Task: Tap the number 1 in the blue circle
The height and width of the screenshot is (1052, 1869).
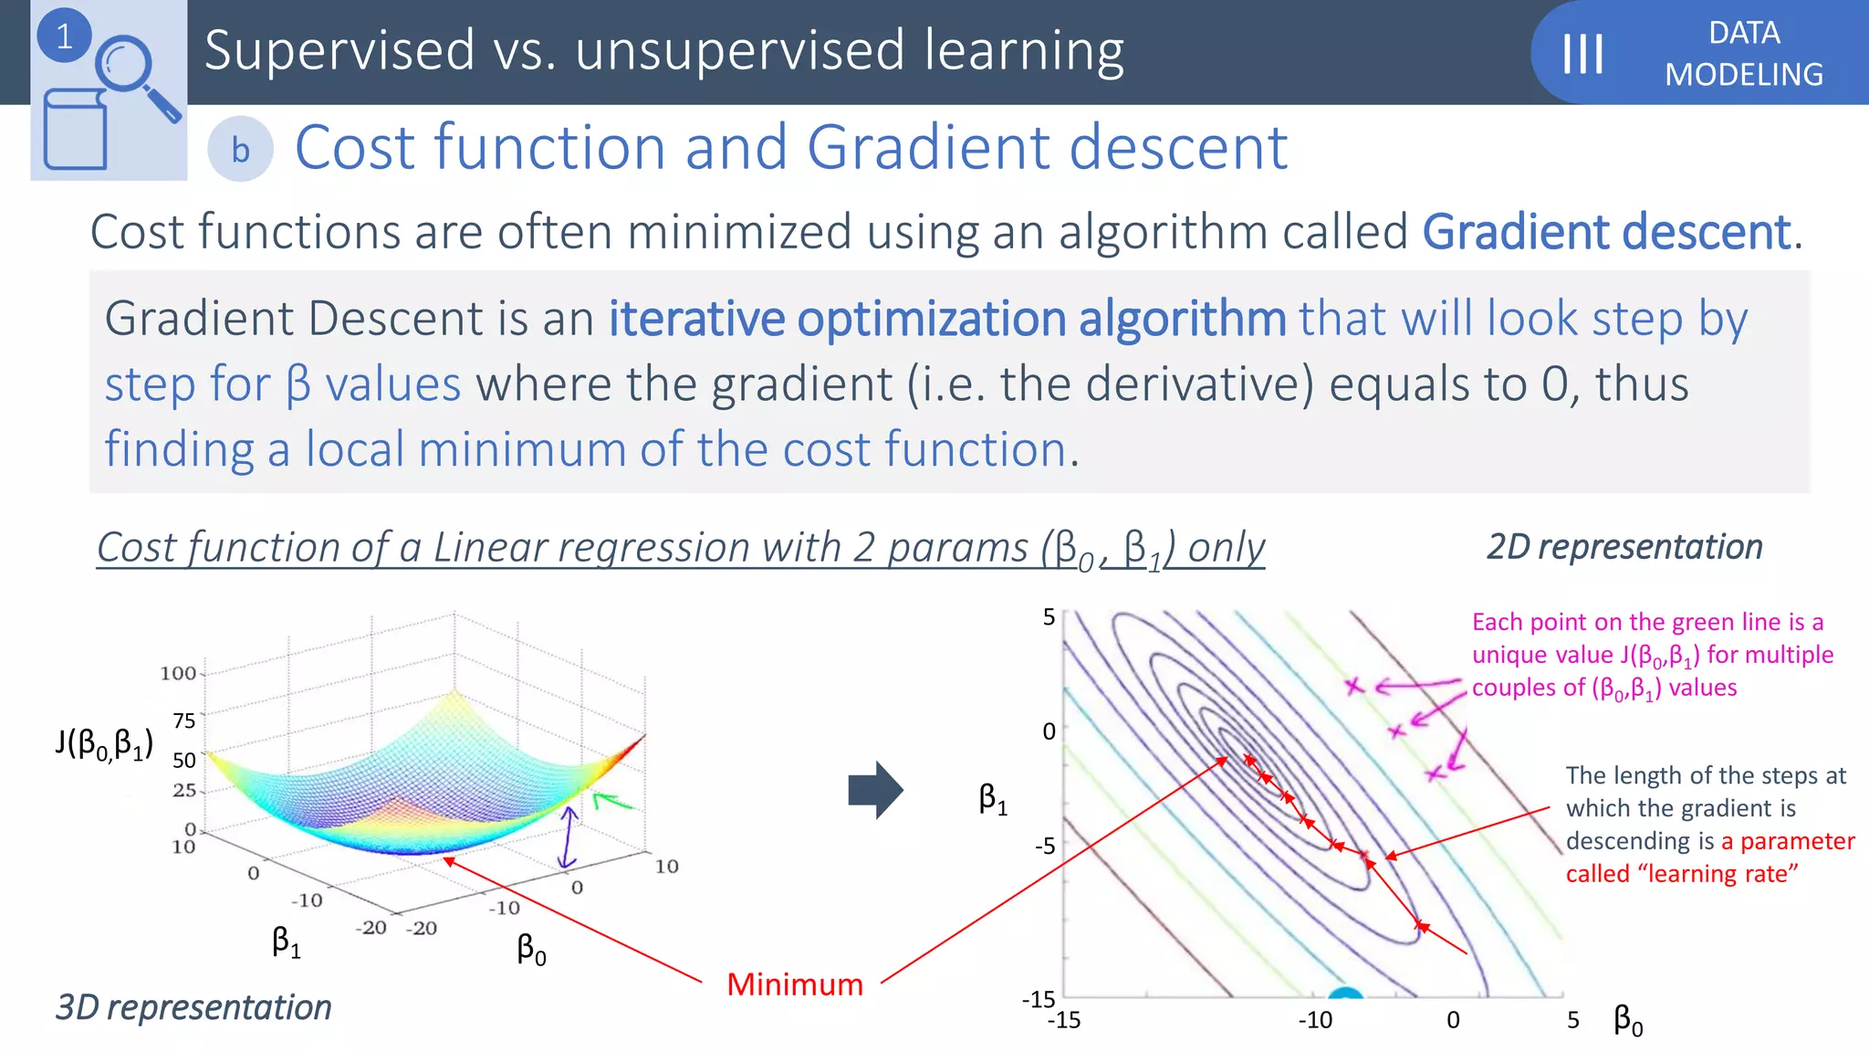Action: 64,37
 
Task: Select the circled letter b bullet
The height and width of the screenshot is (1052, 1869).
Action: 240,150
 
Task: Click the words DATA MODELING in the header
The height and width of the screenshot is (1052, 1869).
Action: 1743,53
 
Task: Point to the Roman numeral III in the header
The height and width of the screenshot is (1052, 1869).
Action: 1582,53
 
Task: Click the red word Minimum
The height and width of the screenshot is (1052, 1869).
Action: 794,984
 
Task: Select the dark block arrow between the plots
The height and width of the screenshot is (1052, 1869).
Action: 875,790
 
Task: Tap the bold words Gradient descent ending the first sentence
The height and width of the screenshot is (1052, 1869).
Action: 1606,232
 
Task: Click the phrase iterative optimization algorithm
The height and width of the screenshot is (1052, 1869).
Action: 947,319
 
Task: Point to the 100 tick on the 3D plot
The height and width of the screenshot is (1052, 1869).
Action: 178,674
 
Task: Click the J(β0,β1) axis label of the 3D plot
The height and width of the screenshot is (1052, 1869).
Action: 103,743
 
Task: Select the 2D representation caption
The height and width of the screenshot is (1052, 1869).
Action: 1624,547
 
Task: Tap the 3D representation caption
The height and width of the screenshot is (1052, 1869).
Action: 193,1007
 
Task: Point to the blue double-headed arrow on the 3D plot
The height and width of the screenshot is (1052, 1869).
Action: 569,836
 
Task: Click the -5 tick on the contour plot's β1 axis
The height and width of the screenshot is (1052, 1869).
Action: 1045,846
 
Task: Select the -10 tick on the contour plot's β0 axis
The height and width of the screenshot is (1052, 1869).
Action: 1315,1020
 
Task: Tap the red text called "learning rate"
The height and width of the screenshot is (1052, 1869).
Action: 1681,874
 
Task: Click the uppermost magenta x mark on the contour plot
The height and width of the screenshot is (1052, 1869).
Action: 1354,686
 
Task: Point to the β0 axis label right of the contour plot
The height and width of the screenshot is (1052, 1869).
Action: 1628,1019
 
